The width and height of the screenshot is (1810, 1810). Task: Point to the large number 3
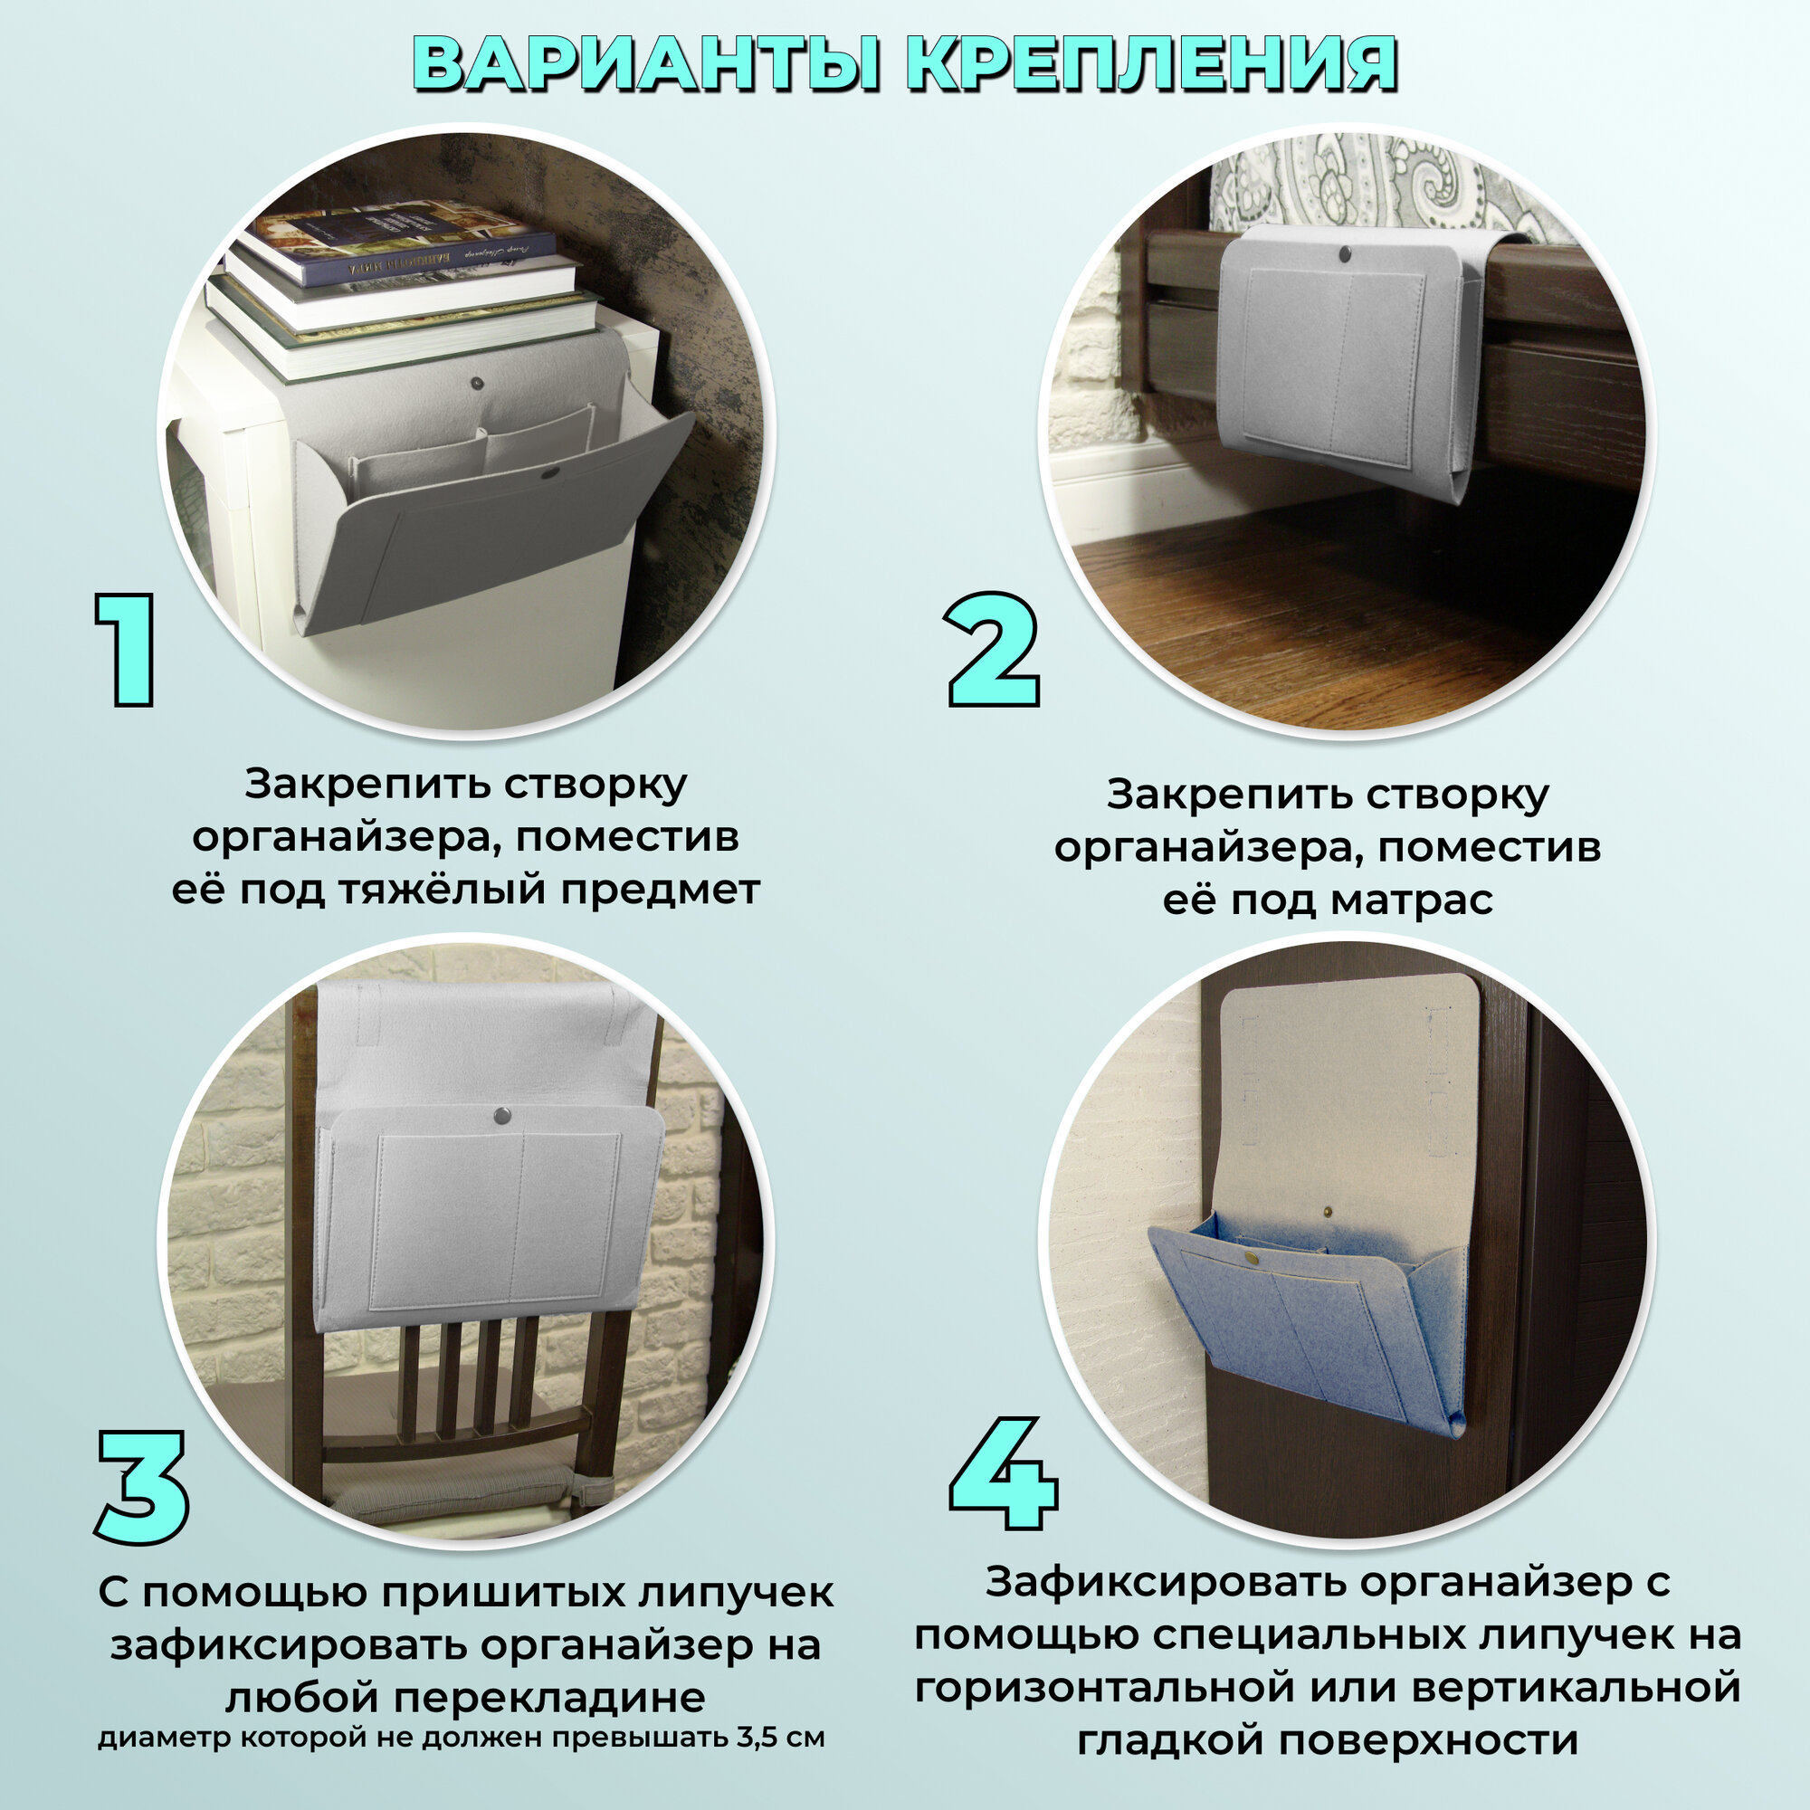pyautogui.click(x=142, y=1488)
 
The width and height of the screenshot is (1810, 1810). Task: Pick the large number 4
pyautogui.click(x=1004, y=1473)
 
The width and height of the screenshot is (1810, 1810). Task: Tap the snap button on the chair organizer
pyautogui.click(x=502, y=1114)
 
